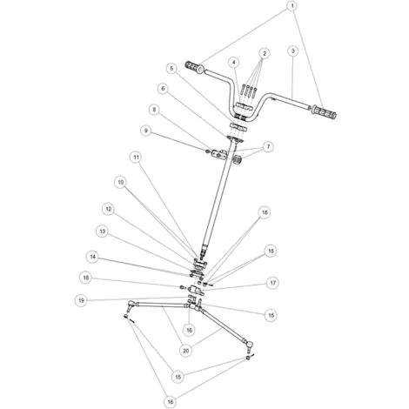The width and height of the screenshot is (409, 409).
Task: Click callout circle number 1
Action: [x=292, y=6]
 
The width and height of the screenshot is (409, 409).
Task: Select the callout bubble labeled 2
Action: [x=264, y=53]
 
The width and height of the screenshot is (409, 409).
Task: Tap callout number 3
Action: [x=293, y=51]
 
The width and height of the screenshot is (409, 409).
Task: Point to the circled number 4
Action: [x=234, y=62]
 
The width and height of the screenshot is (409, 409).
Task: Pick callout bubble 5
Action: [x=172, y=69]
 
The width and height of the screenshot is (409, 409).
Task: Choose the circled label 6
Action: [x=164, y=89]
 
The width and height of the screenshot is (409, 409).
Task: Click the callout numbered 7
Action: [x=268, y=147]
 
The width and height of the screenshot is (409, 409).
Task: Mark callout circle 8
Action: [x=154, y=110]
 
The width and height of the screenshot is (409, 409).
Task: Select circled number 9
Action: [x=146, y=131]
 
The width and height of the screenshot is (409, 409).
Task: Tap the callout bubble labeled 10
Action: [x=121, y=182]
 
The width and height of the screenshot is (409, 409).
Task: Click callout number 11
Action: [x=136, y=158]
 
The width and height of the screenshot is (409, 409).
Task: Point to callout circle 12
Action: [x=109, y=209]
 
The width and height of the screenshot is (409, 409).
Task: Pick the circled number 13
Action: [x=102, y=231]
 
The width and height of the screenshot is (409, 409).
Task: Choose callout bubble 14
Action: [x=92, y=257]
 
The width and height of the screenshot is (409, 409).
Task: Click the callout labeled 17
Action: [x=272, y=283]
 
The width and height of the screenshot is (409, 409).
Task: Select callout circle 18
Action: [x=85, y=278]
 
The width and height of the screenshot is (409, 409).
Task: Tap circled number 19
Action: [x=81, y=300]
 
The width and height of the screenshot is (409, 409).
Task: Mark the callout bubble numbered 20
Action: [x=186, y=351]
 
